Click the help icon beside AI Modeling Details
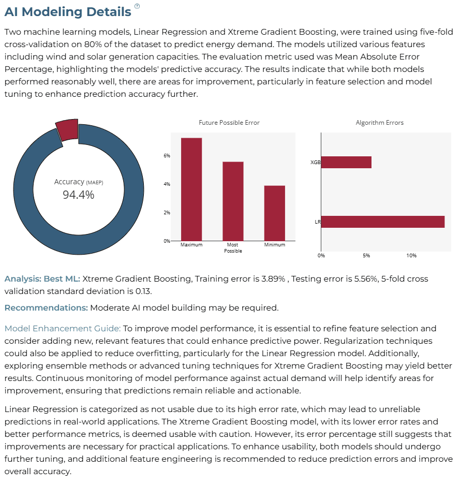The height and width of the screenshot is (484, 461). click(x=137, y=6)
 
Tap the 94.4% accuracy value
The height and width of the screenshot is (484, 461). click(x=78, y=195)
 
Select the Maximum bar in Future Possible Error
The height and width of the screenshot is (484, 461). click(x=191, y=189)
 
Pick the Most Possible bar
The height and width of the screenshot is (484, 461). click(x=233, y=201)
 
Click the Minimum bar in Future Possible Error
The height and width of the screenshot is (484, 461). click(x=275, y=213)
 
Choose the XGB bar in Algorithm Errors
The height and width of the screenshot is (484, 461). click(x=346, y=163)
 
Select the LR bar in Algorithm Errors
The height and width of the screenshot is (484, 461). click(x=383, y=222)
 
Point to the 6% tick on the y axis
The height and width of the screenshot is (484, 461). click(x=167, y=156)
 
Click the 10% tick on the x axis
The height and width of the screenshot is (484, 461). click(x=411, y=256)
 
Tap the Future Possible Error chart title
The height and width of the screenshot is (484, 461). click(x=229, y=123)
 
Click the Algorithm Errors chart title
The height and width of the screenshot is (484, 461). click(x=380, y=123)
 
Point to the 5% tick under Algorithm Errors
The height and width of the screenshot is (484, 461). click(x=366, y=256)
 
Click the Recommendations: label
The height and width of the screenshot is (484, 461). click(x=46, y=308)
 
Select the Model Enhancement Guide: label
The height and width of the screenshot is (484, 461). click(x=63, y=328)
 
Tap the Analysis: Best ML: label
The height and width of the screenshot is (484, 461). click(x=42, y=278)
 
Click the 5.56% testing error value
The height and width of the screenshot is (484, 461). click(x=366, y=278)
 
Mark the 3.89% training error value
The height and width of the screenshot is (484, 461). click(x=273, y=278)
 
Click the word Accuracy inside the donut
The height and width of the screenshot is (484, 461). click(x=69, y=182)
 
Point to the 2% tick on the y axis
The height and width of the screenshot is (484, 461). click(x=167, y=212)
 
